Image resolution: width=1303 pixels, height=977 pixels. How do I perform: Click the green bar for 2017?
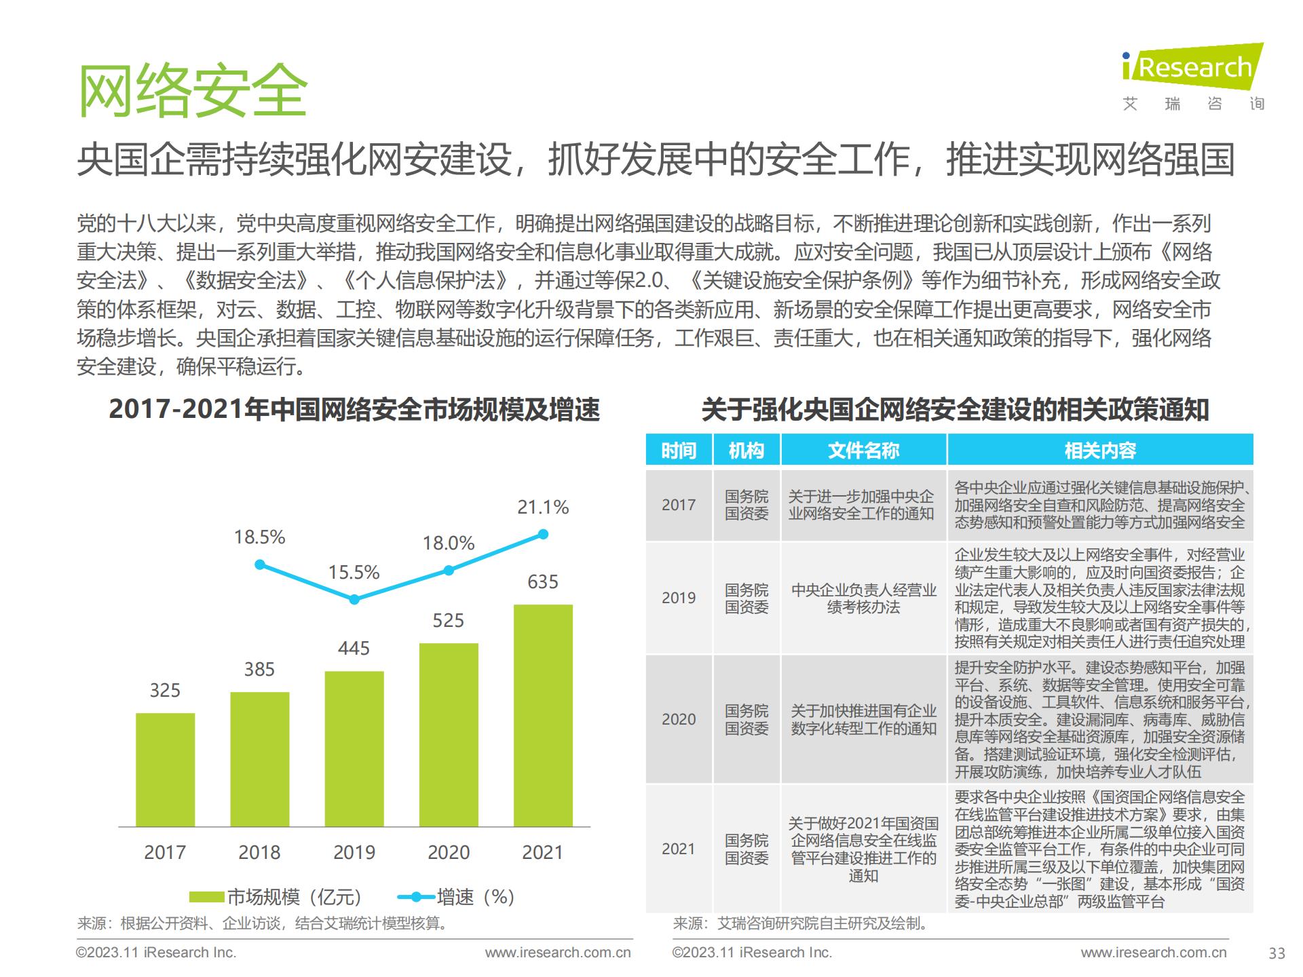(165, 769)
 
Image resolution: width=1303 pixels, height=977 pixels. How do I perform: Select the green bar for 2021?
(543, 715)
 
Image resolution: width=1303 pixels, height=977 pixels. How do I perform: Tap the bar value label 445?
(354, 649)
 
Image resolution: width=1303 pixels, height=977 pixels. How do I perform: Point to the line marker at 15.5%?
(354, 599)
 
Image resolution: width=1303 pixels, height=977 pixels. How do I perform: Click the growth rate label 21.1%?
(543, 507)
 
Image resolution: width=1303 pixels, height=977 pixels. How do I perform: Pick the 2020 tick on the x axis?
(449, 852)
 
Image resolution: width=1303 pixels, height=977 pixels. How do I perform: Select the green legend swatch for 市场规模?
(206, 897)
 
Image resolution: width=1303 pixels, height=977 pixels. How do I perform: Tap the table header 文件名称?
(863, 451)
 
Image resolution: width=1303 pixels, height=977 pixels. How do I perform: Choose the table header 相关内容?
(1100, 451)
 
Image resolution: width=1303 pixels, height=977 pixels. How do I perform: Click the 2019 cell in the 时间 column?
(679, 598)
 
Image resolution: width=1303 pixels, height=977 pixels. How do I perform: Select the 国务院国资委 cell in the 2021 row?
(747, 849)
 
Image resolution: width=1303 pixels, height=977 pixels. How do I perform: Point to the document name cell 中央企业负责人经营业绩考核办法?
(863, 598)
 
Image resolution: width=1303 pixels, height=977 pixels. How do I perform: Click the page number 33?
(1277, 953)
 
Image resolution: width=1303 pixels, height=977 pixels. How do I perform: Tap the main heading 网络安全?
(193, 91)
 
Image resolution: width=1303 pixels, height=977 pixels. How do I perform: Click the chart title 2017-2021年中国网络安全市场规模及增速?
(354, 410)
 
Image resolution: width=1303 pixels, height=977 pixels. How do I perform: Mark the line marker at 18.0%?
(449, 571)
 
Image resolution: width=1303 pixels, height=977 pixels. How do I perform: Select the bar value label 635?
(543, 582)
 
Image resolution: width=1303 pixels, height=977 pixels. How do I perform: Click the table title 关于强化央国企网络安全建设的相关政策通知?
(955, 410)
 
